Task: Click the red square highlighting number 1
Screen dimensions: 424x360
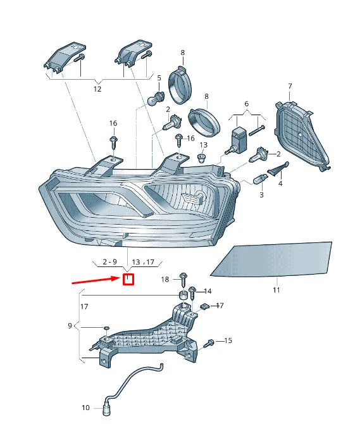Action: pos(128,278)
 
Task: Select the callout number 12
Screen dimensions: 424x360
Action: pos(97,90)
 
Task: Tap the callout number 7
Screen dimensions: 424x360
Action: pos(290,86)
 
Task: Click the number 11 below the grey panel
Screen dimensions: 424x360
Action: pos(276,290)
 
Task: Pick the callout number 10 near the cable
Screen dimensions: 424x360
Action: pos(86,408)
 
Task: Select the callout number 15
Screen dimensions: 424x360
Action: pos(228,341)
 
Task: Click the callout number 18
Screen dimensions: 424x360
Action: pos(164,279)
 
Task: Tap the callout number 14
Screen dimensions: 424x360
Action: pos(208,291)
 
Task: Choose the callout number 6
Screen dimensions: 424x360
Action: pos(246,104)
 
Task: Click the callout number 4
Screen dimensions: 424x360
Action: pos(280,184)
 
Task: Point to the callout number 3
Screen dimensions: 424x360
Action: pos(261,196)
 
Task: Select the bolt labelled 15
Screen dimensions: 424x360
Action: pos(210,342)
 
